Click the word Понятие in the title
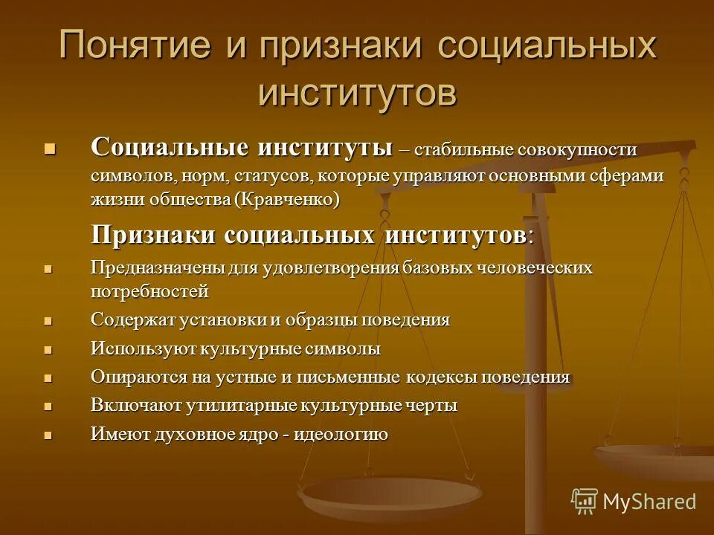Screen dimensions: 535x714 137,46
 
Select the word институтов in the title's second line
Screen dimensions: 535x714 357,93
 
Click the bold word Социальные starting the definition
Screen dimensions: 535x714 169,146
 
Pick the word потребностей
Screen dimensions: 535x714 149,291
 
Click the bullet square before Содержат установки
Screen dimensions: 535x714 49,321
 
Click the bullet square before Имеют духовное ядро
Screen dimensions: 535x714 49,435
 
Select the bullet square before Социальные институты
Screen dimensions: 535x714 49,148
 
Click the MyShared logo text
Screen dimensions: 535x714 649,502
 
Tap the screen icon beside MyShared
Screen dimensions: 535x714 585,502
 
